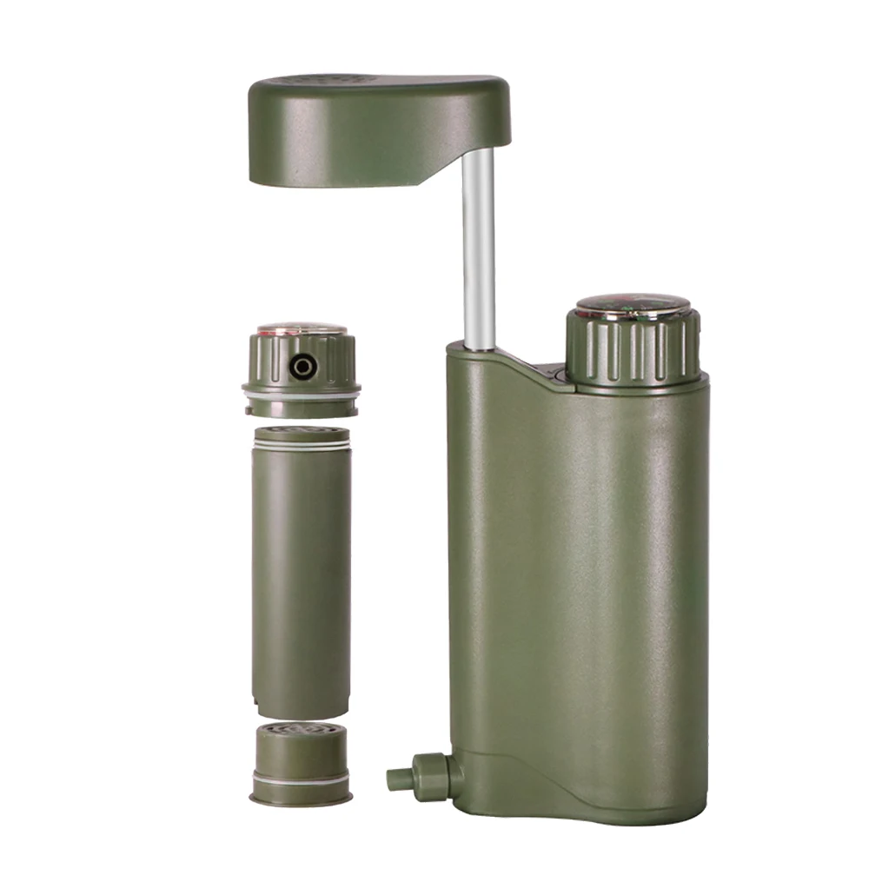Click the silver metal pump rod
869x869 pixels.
point(478,252)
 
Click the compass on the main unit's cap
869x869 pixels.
point(633,305)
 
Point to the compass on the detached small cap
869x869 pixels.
point(302,329)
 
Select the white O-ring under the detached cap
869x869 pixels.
point(302,398)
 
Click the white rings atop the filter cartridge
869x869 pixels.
point(302,444)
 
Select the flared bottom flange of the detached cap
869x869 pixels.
point(302,386)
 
